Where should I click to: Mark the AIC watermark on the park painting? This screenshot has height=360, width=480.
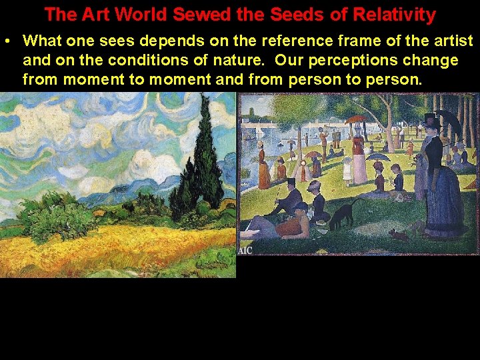pos(245,250)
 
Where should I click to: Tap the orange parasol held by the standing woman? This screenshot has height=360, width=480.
pos(357,119)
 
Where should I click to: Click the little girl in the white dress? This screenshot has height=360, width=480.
pos(347,169)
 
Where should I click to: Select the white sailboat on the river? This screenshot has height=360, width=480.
pos(259,131)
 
